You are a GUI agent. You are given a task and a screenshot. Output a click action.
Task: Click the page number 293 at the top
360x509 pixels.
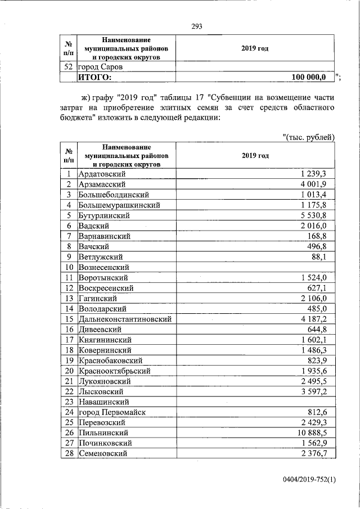(196, 26)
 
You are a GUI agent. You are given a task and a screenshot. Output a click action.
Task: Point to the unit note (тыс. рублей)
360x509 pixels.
(309, 137)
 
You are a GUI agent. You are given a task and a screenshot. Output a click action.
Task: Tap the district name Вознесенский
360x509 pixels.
(104, 267)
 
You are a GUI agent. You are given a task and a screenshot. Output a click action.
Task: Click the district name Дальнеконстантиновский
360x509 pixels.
(125, 319)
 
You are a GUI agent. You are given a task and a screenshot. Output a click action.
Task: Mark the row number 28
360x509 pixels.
(68, 453)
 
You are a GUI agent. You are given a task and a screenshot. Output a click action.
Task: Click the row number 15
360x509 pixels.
(68, 319)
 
